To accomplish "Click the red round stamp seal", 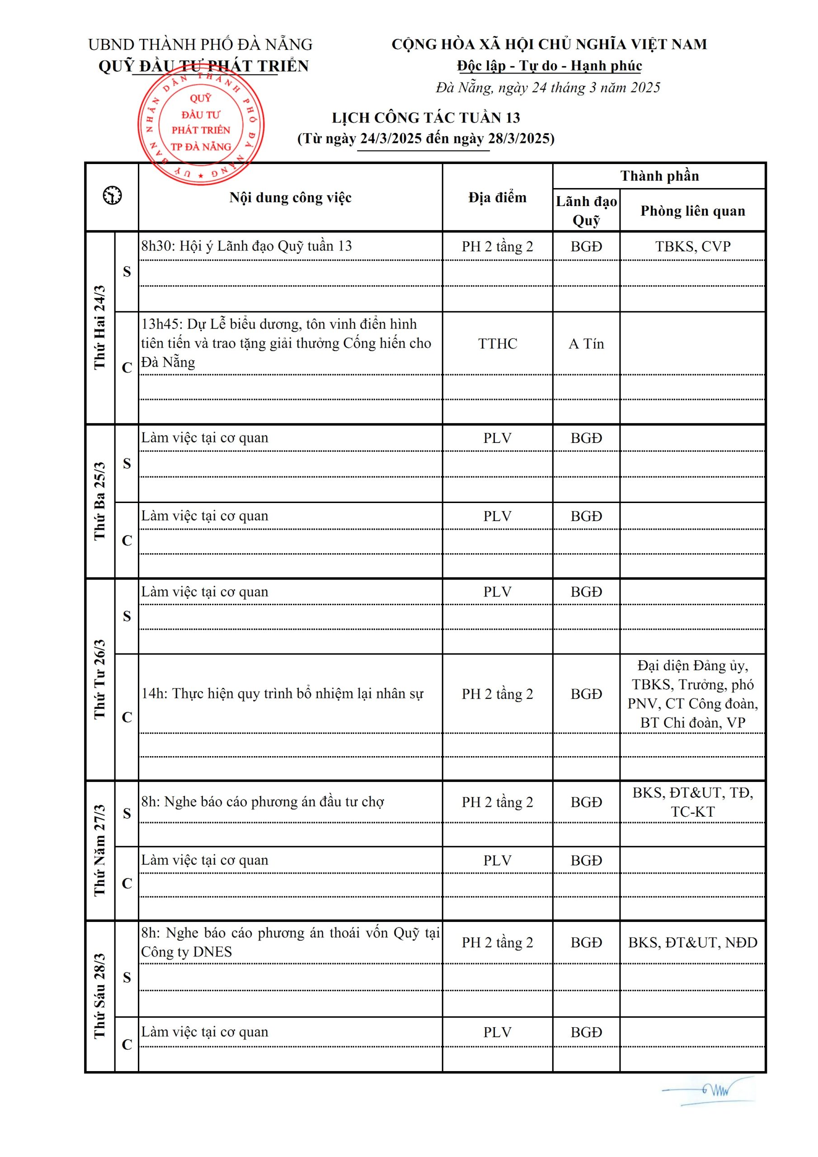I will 201,123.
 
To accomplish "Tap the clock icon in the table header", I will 112,196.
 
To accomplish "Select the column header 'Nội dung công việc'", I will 290,198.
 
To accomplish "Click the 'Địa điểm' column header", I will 497,198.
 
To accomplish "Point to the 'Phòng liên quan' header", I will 692,211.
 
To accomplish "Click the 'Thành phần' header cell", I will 659,176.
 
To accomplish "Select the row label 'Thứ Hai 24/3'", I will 100,327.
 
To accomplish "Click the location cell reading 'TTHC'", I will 498,343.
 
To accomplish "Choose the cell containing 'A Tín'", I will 586,343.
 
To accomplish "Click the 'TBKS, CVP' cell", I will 692,246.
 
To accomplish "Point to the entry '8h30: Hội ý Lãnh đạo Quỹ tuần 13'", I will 246,246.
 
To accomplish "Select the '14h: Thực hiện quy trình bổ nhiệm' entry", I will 282,693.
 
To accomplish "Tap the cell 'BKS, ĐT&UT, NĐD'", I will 692,942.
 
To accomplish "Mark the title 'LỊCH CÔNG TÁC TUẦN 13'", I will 425,118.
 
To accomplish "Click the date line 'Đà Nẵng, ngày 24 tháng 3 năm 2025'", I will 548,88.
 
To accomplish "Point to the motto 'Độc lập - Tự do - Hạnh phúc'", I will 549,66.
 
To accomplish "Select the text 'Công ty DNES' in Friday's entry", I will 187,952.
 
